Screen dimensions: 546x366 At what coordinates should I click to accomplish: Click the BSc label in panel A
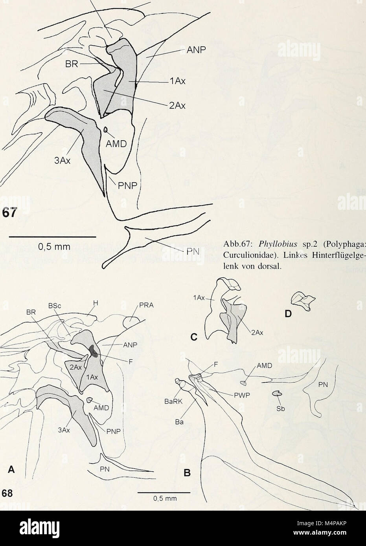click(x=53, y=305)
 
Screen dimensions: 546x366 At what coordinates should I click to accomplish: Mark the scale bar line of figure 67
click(x=53, y=237)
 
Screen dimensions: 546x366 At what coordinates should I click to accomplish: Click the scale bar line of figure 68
click(x=164, y=491)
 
